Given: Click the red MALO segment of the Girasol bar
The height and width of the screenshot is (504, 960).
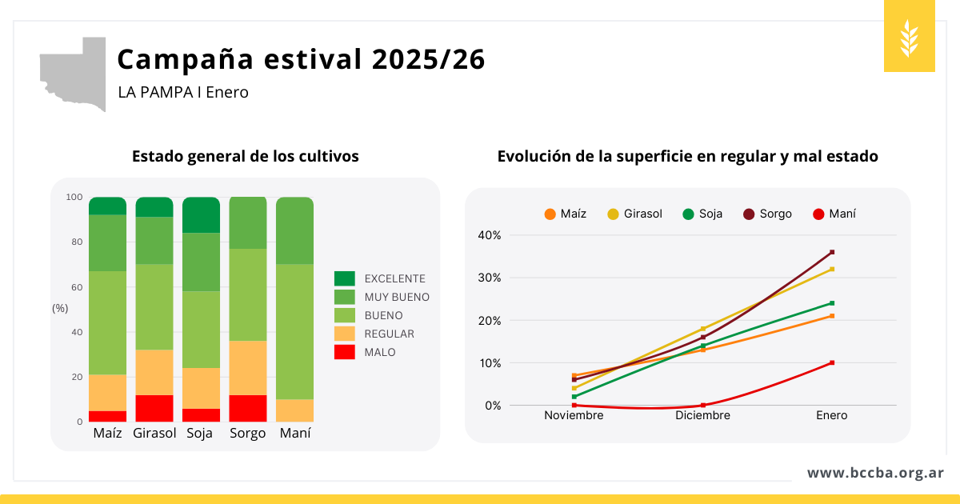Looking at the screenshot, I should [154, 408].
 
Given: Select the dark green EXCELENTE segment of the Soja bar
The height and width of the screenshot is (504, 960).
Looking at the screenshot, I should [201, 215].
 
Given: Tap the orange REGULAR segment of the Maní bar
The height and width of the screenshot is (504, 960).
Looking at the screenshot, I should [294, 410].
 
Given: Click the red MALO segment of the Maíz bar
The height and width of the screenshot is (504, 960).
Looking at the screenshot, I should [108, 416].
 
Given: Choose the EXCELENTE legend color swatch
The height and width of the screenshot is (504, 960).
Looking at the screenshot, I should [345, 278].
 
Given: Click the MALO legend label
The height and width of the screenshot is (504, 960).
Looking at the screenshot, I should [379, 352].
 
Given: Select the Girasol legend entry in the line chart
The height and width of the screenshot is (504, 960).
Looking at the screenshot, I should [635, 214].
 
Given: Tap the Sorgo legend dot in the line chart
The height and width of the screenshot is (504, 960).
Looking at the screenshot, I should [749, 214].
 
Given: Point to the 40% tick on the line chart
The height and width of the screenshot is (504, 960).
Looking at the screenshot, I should [490, 235].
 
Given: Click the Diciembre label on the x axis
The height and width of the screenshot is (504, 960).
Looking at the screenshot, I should [702, 415].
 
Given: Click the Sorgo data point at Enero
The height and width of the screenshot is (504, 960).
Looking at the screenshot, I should [832, 252].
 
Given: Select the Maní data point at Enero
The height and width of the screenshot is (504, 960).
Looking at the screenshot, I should [832, 362].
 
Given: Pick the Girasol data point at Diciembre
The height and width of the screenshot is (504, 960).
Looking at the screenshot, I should [702, 329].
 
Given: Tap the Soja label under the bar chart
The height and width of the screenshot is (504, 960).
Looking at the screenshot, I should [200, 433].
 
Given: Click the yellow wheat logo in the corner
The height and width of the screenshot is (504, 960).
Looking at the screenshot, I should [909, 37].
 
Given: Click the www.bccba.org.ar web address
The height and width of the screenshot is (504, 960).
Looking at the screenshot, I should [875, 473].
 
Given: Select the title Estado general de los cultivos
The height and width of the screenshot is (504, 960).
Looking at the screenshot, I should [245, 156].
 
